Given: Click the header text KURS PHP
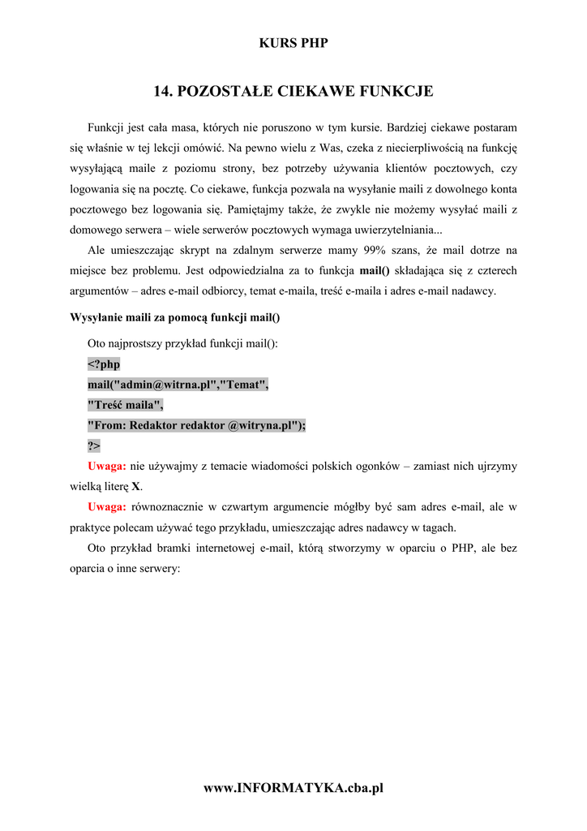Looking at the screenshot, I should point(293,43).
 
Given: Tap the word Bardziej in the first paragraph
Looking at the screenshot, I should point(413,128).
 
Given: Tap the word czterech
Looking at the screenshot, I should point(496,270).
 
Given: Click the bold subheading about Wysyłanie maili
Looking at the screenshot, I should point(176,316).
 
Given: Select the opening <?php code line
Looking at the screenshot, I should point(104,364).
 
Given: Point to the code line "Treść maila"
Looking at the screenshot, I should point(126,405).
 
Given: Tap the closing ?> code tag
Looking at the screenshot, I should point(94,446).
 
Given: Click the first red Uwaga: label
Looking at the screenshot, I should point(106,467).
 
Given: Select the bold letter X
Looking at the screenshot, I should point(136,487).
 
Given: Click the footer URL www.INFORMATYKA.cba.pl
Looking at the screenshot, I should point(293,788).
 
